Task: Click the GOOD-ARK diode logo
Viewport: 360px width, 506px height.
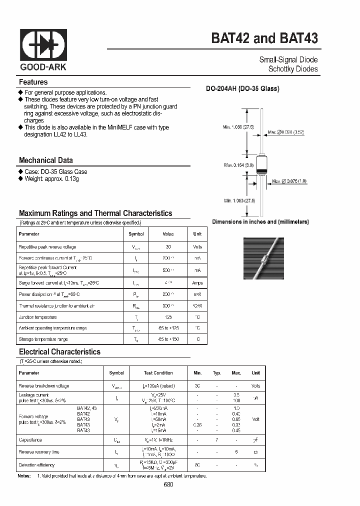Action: [43, 45]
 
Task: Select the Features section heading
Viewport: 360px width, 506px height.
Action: [33, 82]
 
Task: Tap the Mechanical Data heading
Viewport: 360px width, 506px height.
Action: [45, 160]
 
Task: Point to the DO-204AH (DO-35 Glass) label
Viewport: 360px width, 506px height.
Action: [242, 89]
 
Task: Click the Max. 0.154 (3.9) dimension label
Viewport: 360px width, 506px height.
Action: [239, 165]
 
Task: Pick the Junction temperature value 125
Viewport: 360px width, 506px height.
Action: [168, 317]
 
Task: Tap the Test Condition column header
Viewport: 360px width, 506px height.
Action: [158, 373]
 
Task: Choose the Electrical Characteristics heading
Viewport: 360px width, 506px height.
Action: [59, 352]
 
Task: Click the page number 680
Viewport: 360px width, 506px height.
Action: [168, 484]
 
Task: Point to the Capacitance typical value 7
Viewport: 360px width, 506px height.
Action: [217, 440]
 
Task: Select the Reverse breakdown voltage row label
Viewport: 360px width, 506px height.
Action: [43, 386]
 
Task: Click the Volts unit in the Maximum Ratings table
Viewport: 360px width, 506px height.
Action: [197, 247]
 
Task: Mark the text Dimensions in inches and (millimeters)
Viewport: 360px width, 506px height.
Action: [260, 221]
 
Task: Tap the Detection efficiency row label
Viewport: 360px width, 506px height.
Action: [39, 465]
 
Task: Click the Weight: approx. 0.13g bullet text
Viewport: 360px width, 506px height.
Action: [51, 178]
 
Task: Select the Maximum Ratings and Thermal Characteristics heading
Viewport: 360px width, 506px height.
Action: [95, 213]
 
